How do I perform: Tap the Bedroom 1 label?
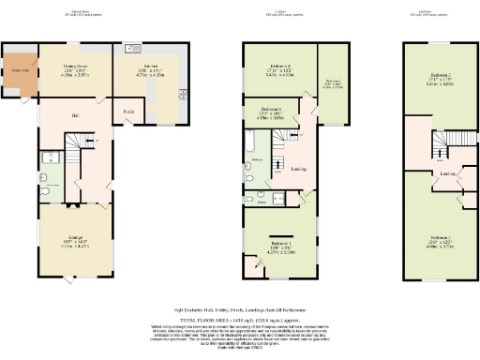pos(282,246)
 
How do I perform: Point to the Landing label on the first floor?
pos(298,170)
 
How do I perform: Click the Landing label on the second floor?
pos(448,173)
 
